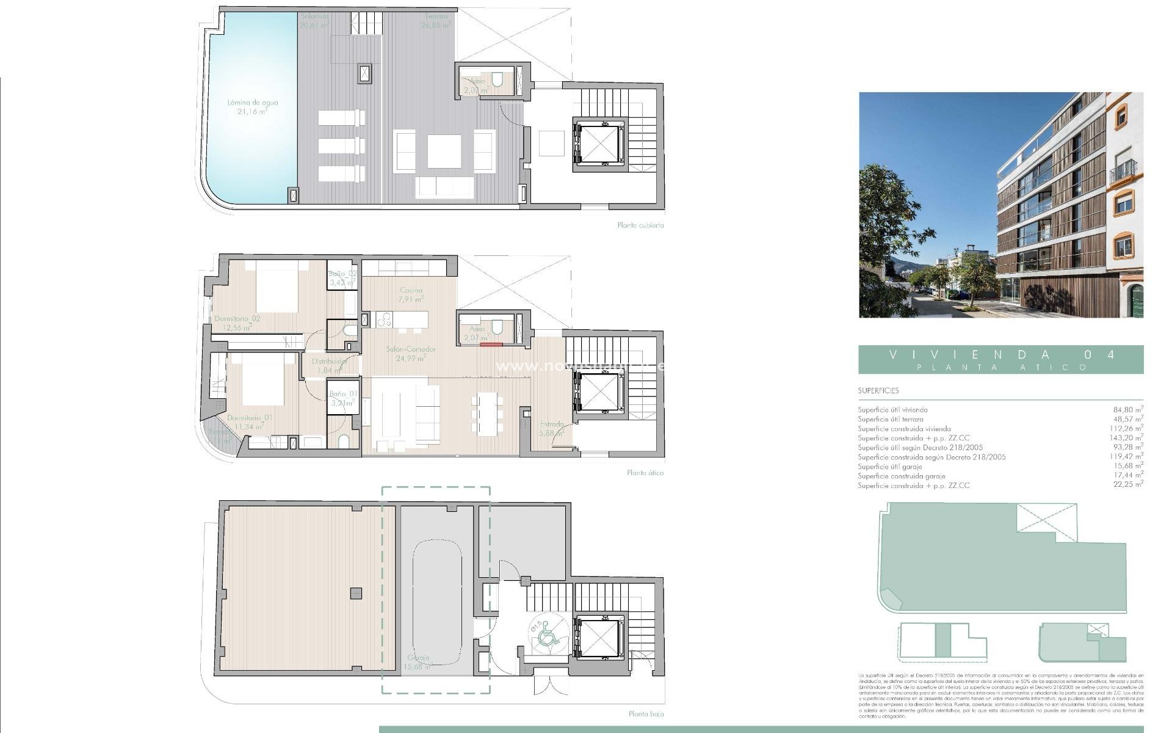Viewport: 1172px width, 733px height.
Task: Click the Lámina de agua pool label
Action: (x=252, y=107)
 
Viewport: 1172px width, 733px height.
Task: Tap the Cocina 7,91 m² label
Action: (x=411, y=295)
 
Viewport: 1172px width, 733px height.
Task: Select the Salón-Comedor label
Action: (x=411, y=354)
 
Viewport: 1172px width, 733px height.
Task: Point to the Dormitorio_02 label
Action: (x=237, y=323)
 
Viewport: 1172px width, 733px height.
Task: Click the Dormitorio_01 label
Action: (x=250, y=422)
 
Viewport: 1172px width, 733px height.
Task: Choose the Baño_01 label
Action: (x=343, y=398)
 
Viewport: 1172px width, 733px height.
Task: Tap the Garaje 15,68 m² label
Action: (x=418, y=662)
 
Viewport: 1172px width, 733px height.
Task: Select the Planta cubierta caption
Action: (x=640, y=225)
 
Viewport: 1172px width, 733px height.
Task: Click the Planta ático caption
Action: (x=645, y=473)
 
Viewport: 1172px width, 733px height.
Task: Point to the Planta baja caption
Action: (x=646, y=713)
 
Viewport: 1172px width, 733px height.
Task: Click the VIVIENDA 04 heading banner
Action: (x=1000, y=360)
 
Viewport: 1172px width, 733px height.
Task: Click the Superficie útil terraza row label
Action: (x=890, y=420)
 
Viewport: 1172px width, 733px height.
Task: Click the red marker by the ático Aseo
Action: (x=491, y=345)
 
